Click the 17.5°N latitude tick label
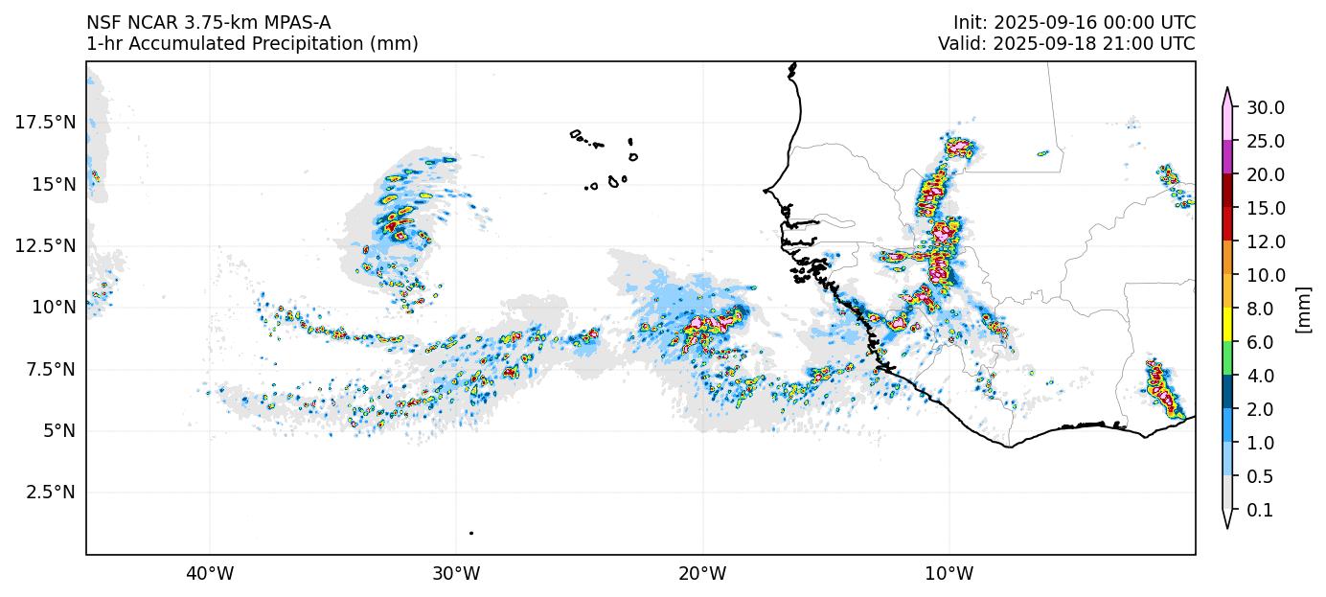pos(45,122)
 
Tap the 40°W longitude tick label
pos(210,574)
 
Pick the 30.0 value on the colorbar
pos(1265,107)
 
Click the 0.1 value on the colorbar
pos(1259,511)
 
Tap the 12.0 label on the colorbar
pos(1265,241)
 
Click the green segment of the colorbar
pos(1227,359)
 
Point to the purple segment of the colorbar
pos(1227,157)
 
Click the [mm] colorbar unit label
pos(1302,309)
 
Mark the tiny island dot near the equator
pos(471,533)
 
